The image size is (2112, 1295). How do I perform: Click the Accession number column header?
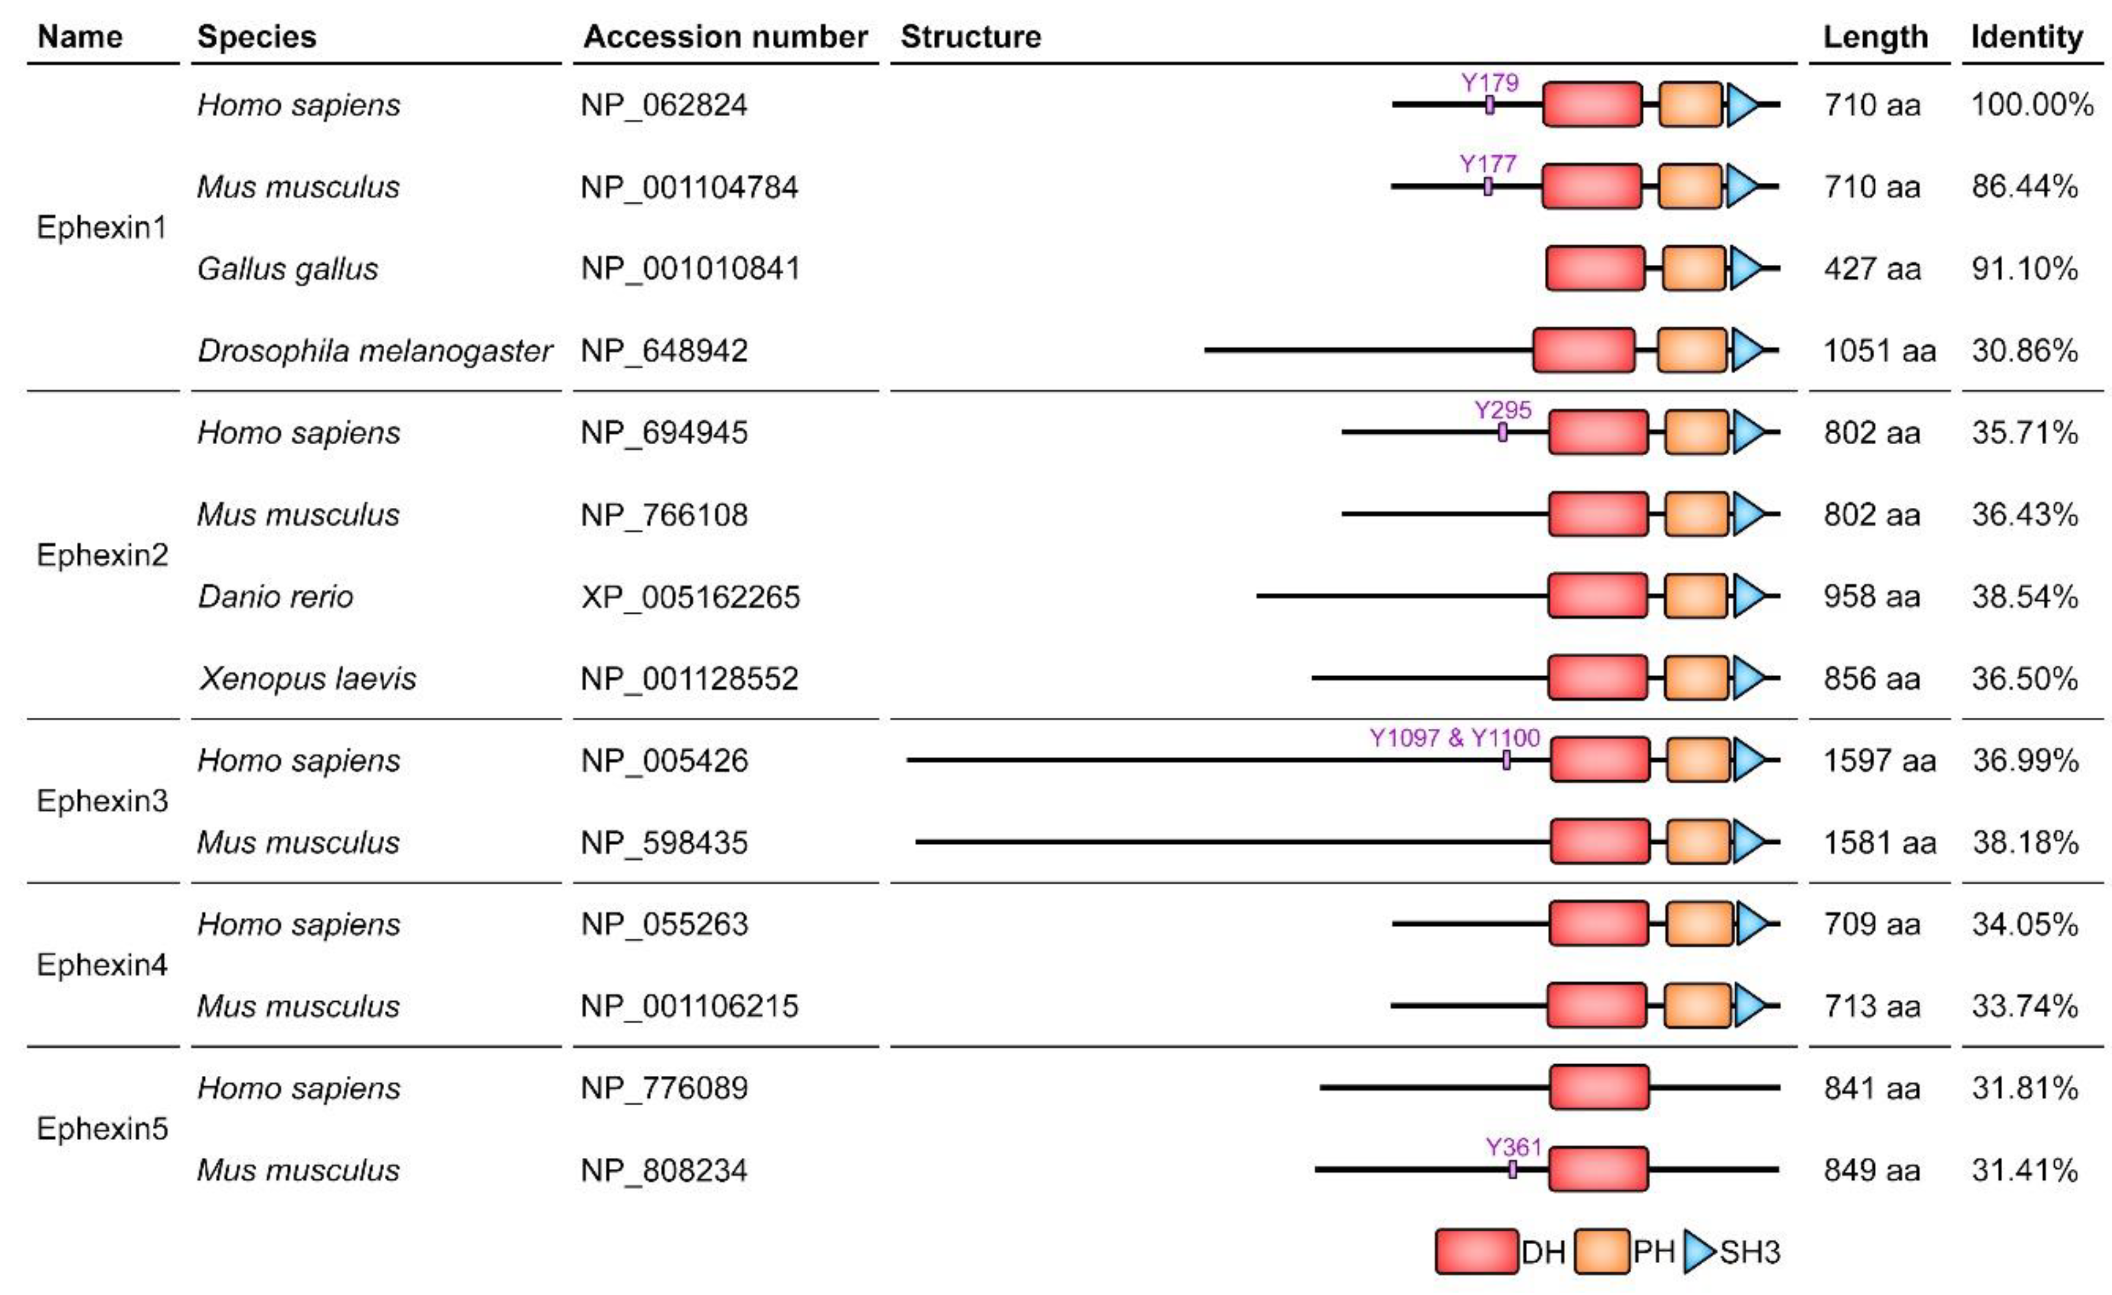coord(725,37)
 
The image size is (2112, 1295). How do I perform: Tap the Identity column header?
coord(2026,37)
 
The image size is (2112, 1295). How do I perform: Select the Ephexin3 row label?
coord(102,800)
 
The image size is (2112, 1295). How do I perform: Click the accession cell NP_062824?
coord(664,105)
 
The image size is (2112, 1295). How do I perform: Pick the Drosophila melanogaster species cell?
coord(374,351)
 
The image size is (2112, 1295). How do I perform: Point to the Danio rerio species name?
coord(275,596)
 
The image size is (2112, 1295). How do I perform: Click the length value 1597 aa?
coord(1879,760)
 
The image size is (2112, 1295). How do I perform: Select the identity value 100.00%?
coord(2032,105)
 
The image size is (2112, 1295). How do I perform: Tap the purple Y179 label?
coord(1490,83)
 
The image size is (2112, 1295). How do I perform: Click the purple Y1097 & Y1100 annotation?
coord(1455,738)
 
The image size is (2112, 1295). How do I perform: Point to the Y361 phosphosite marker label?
coord(1514,1147)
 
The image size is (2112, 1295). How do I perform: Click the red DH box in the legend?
coord(1476,1252)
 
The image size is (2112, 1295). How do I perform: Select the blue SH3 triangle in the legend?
coord(1698,1252)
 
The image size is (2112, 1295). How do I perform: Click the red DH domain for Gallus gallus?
coord(1595,268)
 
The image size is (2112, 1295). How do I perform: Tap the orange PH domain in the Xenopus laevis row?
coord(1697,678)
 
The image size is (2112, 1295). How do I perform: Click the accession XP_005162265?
coord(690,596)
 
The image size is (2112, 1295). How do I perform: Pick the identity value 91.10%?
coord(2025,269)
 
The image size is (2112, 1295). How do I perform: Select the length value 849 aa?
coord(1872,1170)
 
